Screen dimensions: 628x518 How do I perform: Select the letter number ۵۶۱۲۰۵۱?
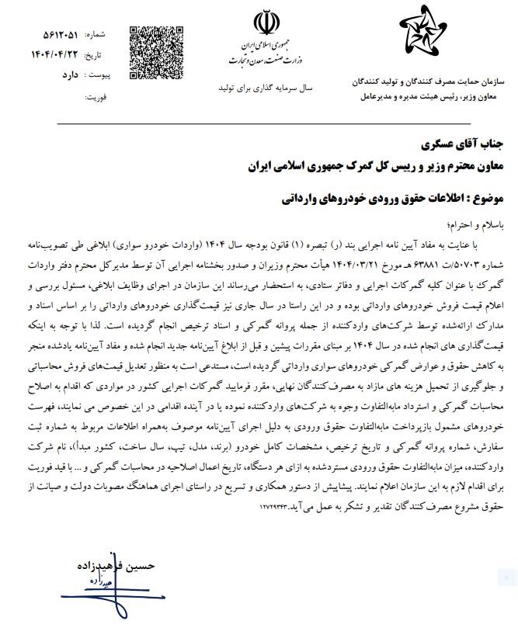coord(63,35)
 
